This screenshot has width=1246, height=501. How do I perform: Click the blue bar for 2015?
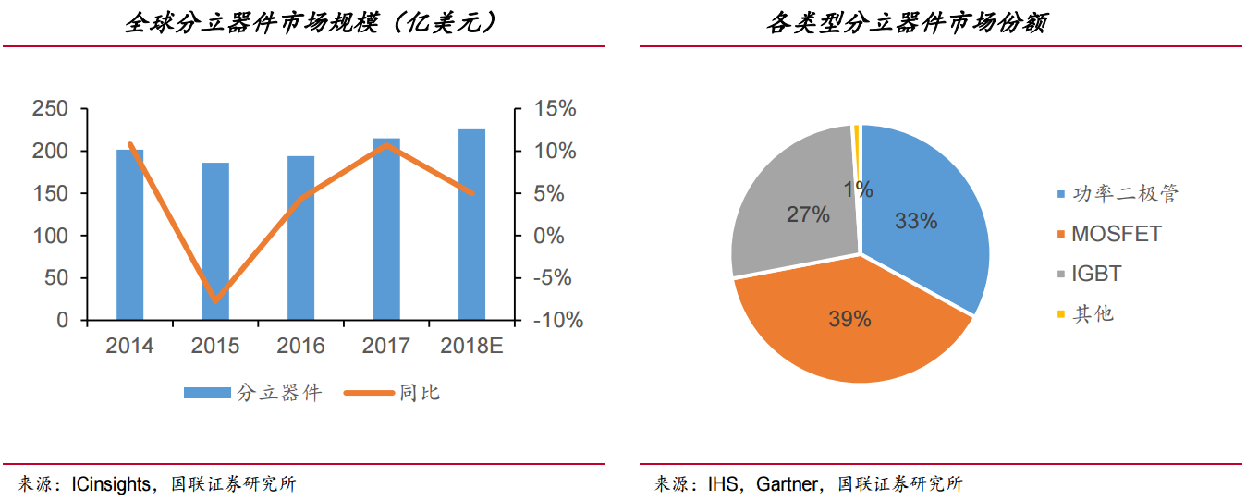click(x=215, y=242)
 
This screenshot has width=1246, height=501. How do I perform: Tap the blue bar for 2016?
click(x=300, y=238)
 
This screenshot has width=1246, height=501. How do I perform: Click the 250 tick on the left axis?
click(x=50, y=109)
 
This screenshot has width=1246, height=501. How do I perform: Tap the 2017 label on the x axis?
click(x=385, y=346)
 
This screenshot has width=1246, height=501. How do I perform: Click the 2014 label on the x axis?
click(x=129, y=346)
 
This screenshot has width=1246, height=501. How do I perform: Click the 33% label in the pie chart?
click(x=916, y=221)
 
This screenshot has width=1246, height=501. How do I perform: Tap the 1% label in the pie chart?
click(x=858, y=189)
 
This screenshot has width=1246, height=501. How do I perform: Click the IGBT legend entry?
click(x=1096, y=275)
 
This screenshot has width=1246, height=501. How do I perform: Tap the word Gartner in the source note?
click(x=787, y=483)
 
